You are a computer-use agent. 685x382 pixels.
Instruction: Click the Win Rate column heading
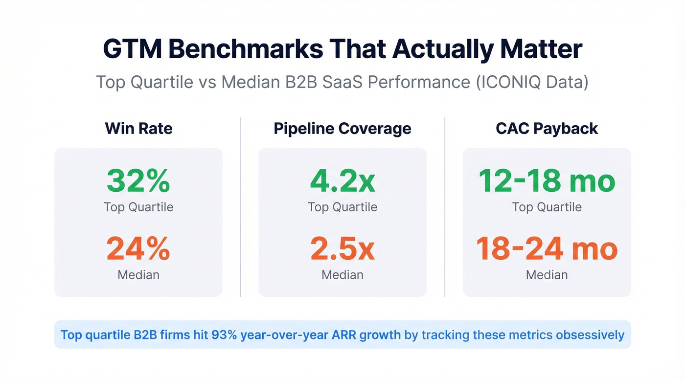[x=138, y=129]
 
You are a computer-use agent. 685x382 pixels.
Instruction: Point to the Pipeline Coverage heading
[x=342, y=129]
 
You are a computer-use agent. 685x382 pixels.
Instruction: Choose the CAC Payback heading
[x=547, y=129]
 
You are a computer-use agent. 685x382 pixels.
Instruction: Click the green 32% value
[x=138, y=180]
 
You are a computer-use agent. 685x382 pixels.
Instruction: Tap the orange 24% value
[x=138, y=248]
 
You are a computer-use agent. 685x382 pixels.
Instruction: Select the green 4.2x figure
[x=342, y=180]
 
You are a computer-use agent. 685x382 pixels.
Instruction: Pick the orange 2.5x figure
[x=342, y=248]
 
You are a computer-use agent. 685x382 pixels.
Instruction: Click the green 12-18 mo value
[x=547, y=180]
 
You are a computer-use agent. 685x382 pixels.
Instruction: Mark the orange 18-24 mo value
[x=547, y=248]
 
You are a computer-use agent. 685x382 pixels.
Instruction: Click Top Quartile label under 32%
[x=138, y=207]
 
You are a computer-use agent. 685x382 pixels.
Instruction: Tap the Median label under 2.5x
[x=342, y=275]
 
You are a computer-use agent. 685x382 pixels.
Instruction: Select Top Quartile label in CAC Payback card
[x=547, y=207]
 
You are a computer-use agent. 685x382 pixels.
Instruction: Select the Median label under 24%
[x=138, y=275]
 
